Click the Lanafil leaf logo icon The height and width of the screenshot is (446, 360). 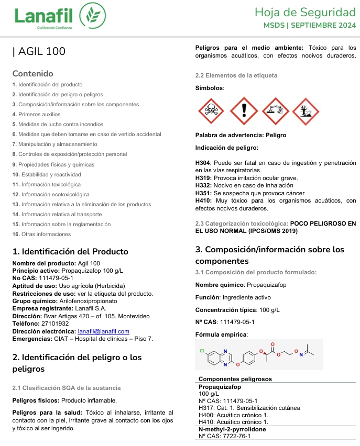coord(88,17)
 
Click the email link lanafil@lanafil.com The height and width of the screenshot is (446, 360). coord(103,331)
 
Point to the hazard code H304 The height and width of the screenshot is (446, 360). coord(203,163)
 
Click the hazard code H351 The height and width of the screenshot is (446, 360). coord(203,193)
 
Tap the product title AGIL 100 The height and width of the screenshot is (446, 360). coord(41,51)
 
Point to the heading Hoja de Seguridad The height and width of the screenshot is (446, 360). coord(306,12)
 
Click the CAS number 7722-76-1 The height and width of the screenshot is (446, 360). coord(233,436)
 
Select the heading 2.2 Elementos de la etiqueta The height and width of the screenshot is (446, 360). coord(236,75)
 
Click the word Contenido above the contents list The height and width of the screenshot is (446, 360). coord(32,73)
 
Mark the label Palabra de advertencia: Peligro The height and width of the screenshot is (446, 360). coord(241,135)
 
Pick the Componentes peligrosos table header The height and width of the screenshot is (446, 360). coord(235,379)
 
